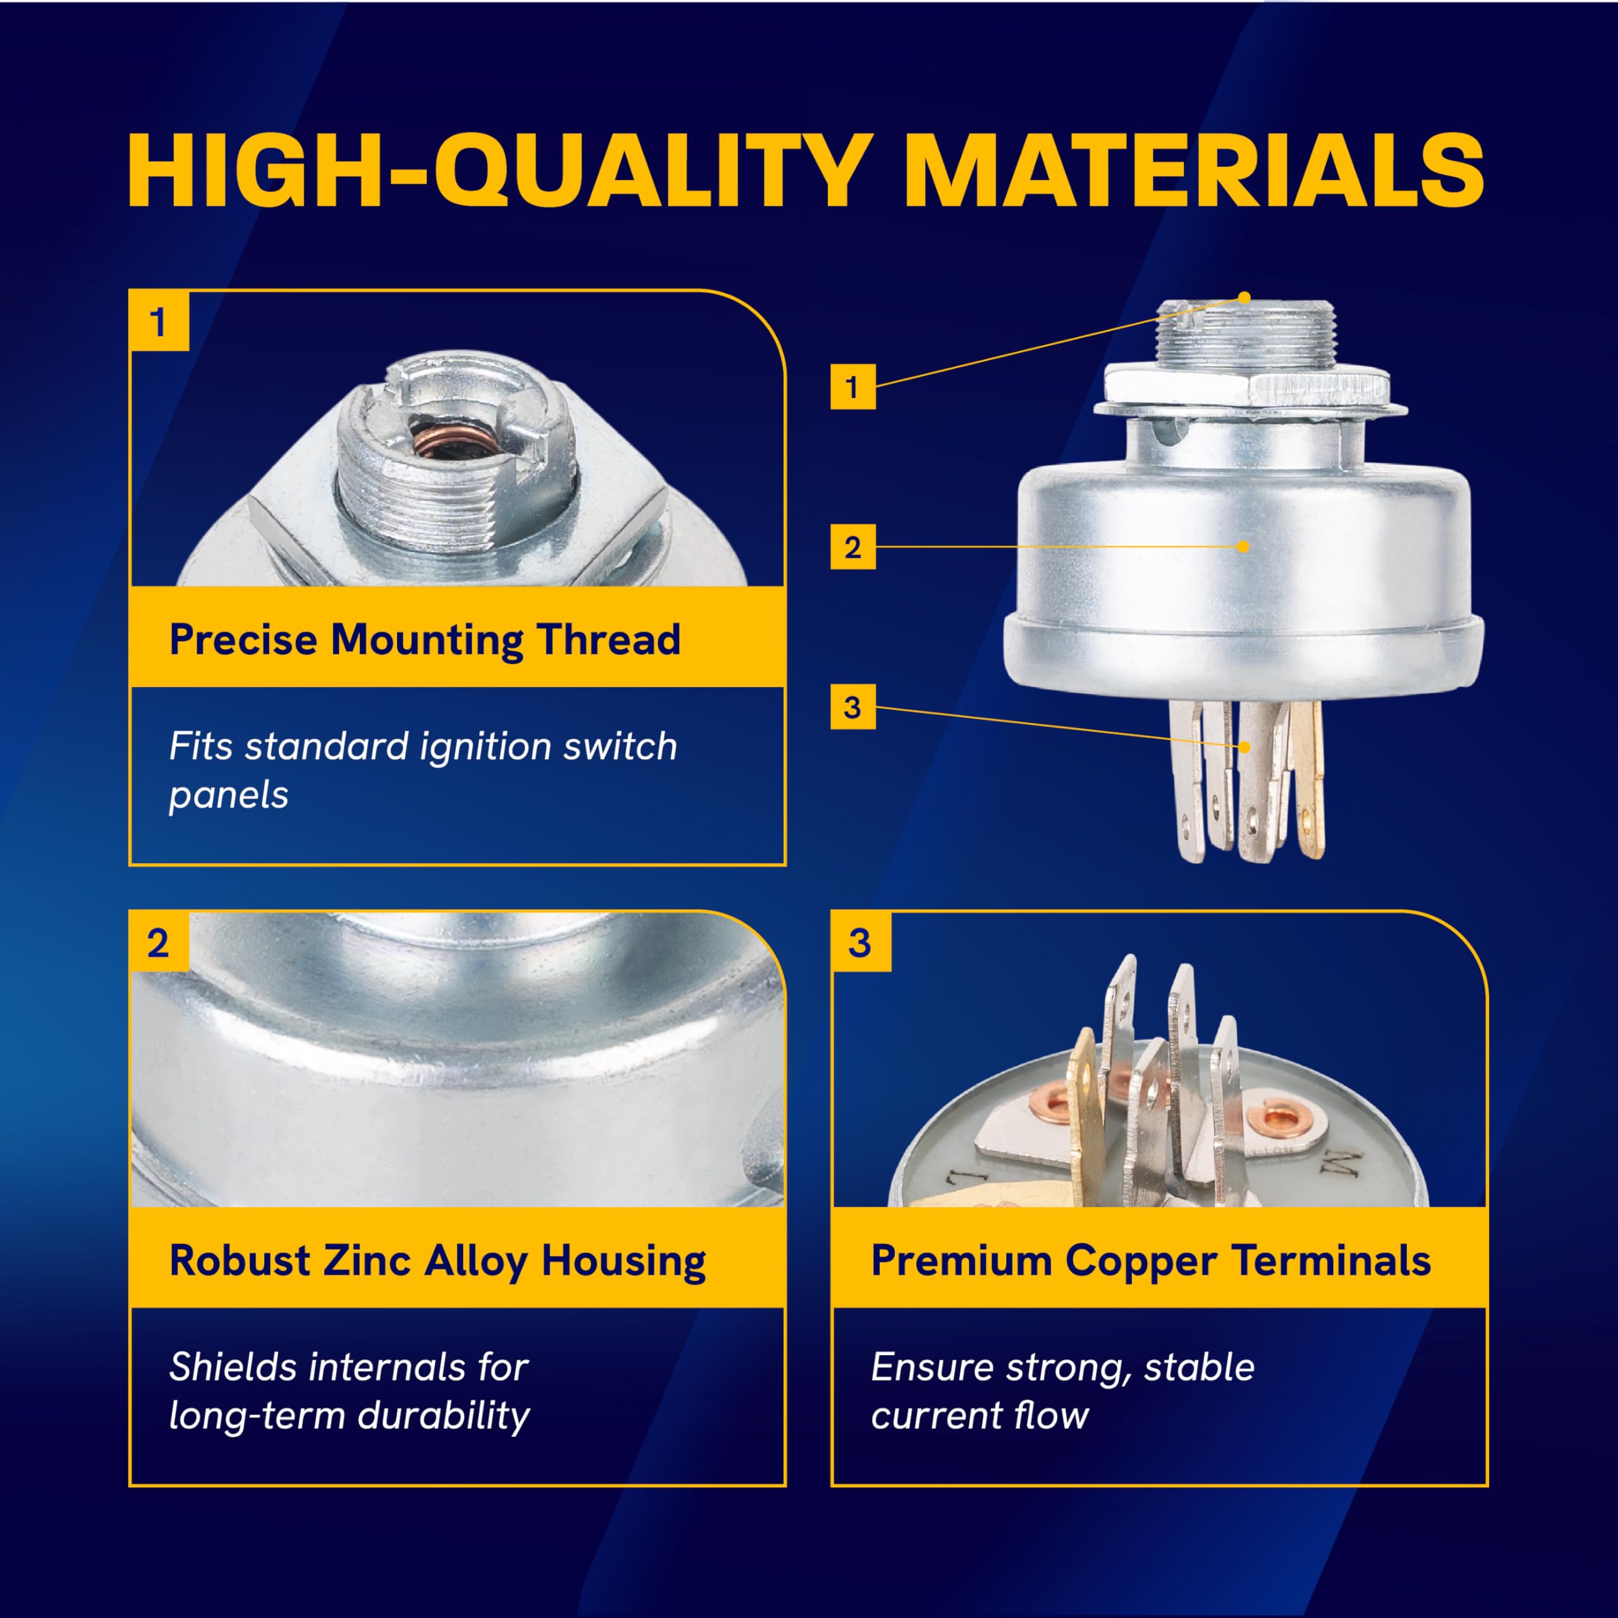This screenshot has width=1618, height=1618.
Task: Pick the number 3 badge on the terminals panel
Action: (861, 943)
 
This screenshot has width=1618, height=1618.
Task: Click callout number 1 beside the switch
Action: (853, 386)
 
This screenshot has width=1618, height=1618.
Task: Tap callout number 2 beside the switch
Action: (853, 547)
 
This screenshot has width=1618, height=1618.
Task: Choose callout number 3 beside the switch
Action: (853, 707)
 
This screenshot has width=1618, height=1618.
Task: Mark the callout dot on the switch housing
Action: (1244, 547)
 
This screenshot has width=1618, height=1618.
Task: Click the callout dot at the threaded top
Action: (1244, 297)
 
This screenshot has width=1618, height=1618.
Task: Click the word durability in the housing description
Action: (445, 1417)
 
